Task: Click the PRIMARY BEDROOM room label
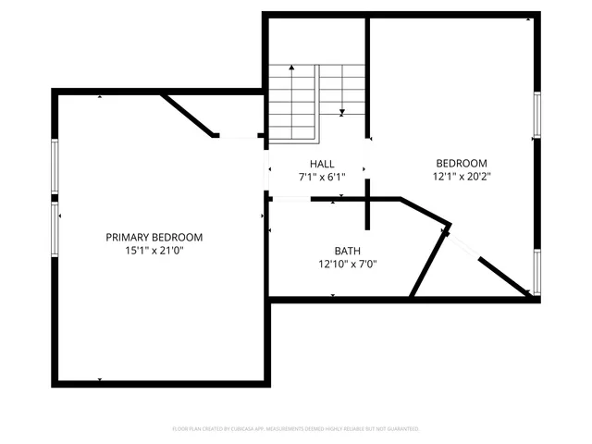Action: tap(154, 238)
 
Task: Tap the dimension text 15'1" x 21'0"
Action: tap(154, 251)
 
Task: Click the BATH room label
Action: tap(348, 251)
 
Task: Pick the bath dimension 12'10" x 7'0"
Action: tap(348, 264)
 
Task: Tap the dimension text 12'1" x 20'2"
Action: tap(460, 176)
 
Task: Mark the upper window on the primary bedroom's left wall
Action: tap(55, 166)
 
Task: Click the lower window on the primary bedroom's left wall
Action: tap(55, 228)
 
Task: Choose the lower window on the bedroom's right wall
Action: tap(536, 272)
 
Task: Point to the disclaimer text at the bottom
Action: tap(296, 429)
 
